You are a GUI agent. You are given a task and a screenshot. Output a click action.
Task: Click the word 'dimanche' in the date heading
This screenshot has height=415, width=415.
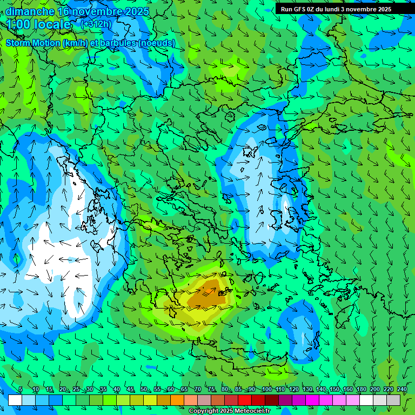pos(29,11)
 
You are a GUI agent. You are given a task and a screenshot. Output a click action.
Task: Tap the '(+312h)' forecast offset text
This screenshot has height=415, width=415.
pos(96,24)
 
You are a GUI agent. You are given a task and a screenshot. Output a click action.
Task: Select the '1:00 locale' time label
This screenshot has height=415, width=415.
pos(39,24)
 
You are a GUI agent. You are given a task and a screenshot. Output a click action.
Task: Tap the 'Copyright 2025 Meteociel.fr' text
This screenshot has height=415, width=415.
pos(229,411)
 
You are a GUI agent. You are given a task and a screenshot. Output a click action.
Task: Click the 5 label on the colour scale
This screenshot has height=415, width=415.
pos(21,390)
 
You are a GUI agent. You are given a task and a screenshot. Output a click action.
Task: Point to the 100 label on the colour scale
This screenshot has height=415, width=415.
pos(266,390)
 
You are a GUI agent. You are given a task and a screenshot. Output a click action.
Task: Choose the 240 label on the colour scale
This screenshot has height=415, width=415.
pos(401,390)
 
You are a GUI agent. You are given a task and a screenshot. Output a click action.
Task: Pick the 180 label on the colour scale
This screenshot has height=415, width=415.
pos(361,390)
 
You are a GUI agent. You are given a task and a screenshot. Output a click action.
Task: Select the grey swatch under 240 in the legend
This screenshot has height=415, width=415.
pos(394,400)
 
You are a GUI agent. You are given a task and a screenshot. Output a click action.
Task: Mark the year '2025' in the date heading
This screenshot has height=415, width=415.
pos(122,11)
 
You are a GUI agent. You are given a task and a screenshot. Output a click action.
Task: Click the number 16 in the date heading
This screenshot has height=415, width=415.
pos(63,11)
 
